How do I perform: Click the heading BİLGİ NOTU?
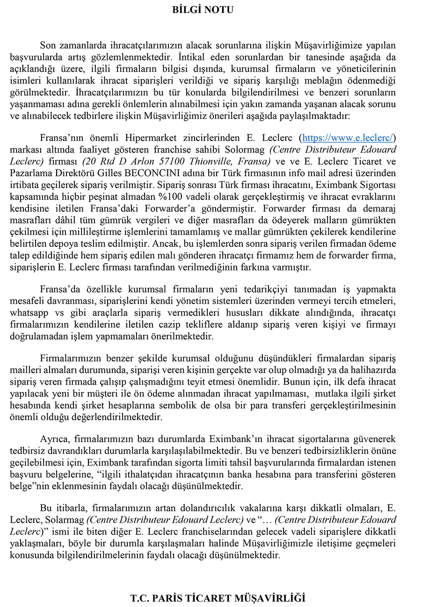[x=203, y=9]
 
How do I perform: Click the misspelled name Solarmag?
[x=65, y=519]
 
